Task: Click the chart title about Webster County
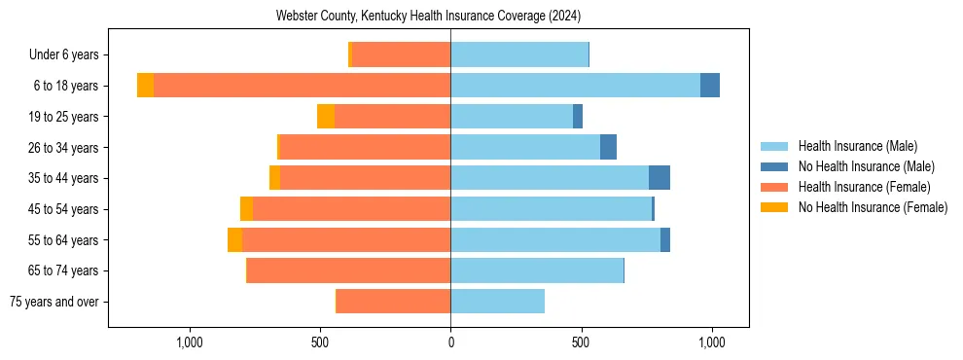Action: pos(428,16)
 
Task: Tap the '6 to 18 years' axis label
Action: pos(66,86)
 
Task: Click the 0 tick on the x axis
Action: pos(450,342)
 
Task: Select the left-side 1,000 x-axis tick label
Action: pos(190,342)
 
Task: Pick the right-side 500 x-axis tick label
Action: pos(581,342)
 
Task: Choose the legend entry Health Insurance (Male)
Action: pos(857,146)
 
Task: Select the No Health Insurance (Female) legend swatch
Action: pos(774,207)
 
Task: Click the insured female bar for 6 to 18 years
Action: pos(302,86)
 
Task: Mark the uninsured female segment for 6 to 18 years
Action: pos(145,86)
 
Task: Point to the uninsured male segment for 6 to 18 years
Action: pos(710,86)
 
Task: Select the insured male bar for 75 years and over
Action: pos(497,302)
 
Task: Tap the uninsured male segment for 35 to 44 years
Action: pos(660,178)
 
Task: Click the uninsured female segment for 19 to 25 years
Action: pos(326,117)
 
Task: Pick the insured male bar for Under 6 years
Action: pos(519,54)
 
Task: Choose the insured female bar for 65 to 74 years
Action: pos(348,270)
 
